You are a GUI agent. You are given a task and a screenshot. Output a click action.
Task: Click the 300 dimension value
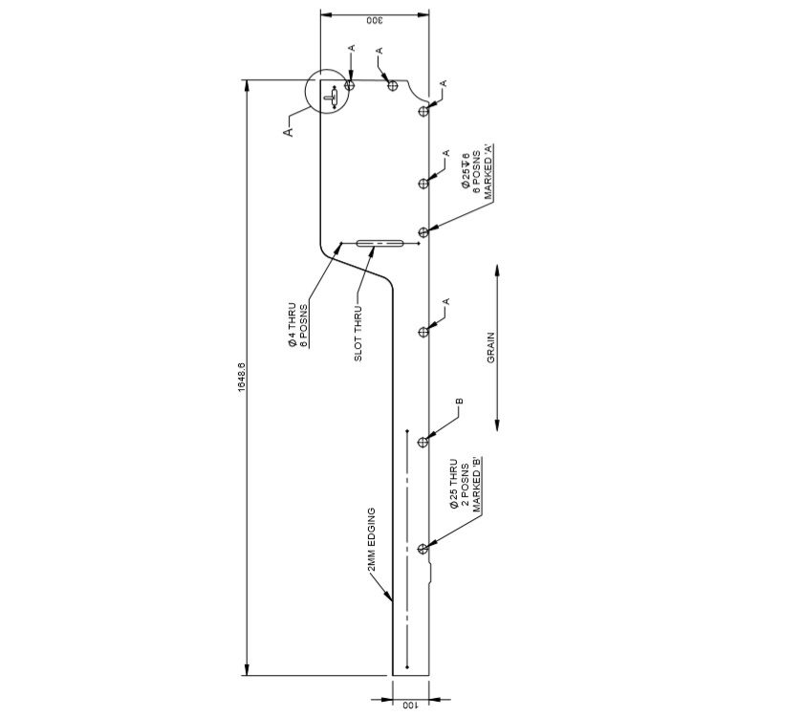coord(374,21)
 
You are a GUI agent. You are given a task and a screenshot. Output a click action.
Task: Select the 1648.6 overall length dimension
coord(243,379)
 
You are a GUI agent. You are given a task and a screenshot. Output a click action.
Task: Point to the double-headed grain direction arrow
coord(498,345)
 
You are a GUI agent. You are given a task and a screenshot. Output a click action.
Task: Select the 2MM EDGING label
coord(371,544)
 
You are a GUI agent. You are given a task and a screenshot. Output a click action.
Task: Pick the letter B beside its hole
coord(460,402)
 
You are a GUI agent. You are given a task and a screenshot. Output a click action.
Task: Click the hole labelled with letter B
coord(423,442)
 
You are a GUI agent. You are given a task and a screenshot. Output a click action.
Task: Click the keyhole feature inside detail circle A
coord(331,98)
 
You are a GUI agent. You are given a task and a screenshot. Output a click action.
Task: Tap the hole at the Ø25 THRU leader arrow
coord(423,549)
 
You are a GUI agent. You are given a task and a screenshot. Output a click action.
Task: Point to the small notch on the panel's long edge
coord(431,572)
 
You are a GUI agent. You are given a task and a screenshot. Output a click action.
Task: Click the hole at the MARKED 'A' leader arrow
coord(423,232)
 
